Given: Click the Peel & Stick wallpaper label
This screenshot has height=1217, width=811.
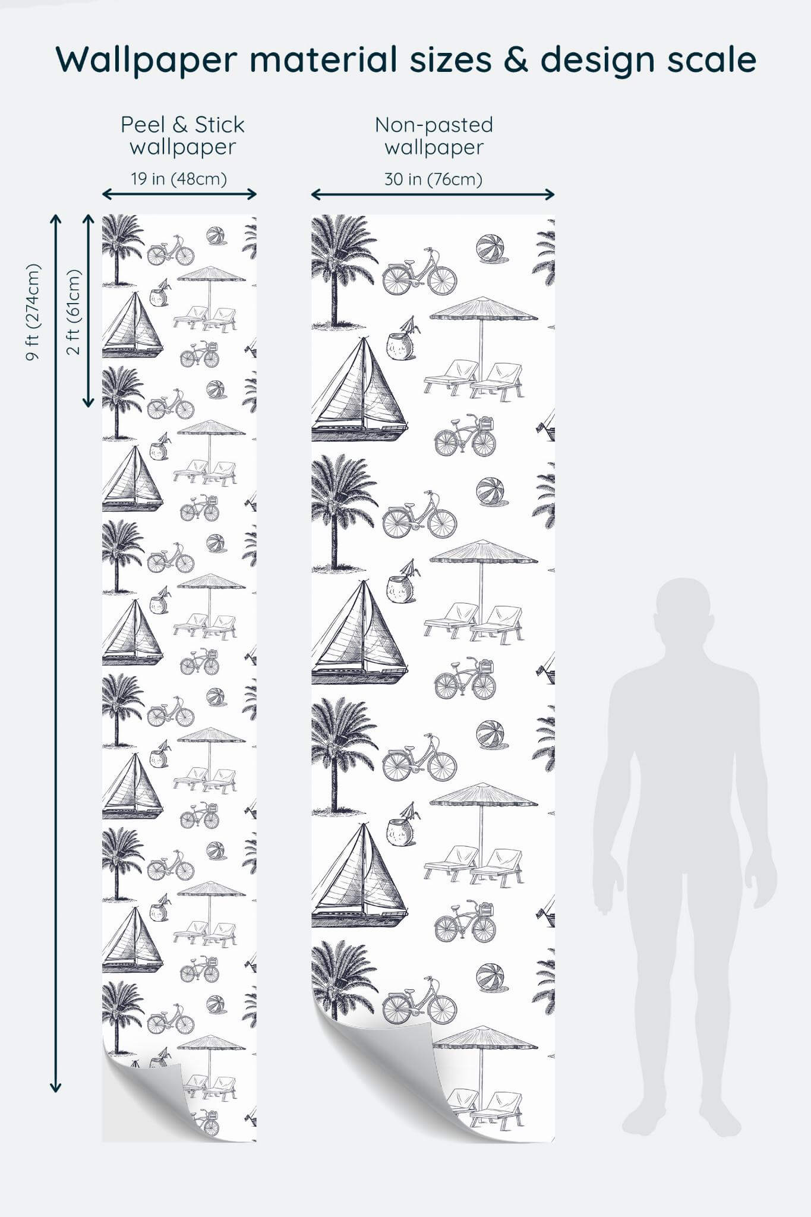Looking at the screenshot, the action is coord(182,135).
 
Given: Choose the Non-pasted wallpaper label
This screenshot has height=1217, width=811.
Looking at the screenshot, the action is coord(434,135).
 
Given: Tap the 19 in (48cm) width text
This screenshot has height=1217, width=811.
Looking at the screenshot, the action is coord(179,179).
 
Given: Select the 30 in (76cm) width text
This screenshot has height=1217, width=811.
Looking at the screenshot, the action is coord(433,179).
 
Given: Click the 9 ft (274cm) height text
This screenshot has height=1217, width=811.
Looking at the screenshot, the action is coord(33,312).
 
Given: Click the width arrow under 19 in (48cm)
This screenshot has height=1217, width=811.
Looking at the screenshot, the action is coord(179,194).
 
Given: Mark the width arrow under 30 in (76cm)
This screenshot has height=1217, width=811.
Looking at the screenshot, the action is coord(433,194).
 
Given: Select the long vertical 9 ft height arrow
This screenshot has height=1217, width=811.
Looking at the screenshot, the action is coord(55,654).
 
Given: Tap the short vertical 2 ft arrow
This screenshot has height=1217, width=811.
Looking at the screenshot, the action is coord(89,311).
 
